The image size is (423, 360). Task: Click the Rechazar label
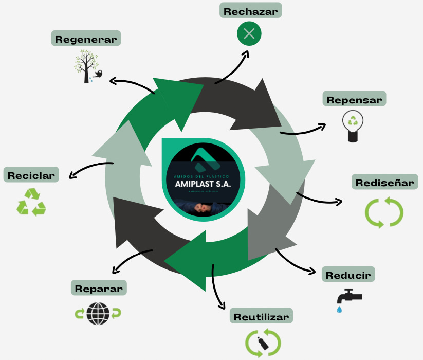(x=251, y=10)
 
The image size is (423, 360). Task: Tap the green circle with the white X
(x=249, y=34)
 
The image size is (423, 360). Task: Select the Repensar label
(x=355, y=99)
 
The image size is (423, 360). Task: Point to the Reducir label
(x=348, y=275)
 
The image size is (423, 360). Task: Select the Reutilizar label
(x=262, y=316)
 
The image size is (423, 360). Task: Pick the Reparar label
(x=99, y=289)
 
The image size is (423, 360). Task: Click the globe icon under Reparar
(x=97, y=313)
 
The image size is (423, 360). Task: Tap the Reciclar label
(x=31, y=175)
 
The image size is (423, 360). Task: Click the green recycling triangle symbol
(x=31, y=202)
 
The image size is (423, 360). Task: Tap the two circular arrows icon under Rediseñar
(x=384, y=211)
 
